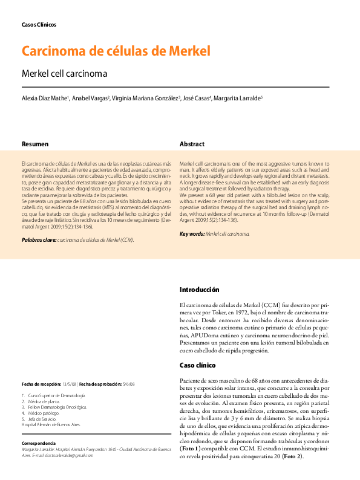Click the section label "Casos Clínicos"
coord(39,25)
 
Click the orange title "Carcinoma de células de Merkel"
coord(116,51)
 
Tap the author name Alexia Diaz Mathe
coord(45,98)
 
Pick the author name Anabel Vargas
coord(90,98)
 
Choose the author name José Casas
coord(197,98)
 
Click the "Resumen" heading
coord(35,144)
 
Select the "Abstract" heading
coord(192,144)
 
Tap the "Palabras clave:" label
coord(38,240)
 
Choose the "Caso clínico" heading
coord(198,365)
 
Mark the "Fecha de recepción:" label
coord(41,384)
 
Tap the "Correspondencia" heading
coord(42,443)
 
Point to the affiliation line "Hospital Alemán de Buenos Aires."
coord(51,425)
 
